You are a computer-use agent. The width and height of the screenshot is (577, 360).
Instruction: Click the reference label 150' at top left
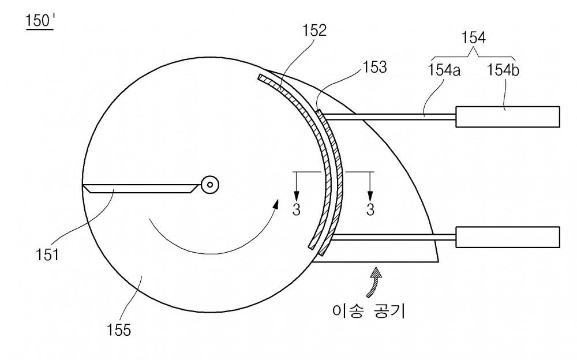[x=40, y=21]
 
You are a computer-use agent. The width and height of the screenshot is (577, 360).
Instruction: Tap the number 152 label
[x=314, y=31]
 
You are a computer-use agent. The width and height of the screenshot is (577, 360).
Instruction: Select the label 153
[x=374, y=67]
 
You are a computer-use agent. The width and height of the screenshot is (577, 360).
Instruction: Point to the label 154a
[x=444, y=70]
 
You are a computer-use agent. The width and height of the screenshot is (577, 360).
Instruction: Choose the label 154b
[x=503, y=70]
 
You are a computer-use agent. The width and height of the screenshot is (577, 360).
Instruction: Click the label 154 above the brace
[x=474, y=37]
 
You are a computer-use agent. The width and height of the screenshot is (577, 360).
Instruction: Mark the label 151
[x=47, y=255]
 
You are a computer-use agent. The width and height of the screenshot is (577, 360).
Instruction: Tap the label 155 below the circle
[x=119, y=330]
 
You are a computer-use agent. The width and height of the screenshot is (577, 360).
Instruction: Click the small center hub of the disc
[x=210, y=185]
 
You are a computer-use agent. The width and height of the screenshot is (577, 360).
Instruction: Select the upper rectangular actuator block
[x=508, y=117]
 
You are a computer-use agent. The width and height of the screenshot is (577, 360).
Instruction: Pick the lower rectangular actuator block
[x=508, y=237]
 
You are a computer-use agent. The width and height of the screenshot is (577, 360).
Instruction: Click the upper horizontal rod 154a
[x=388, y=117]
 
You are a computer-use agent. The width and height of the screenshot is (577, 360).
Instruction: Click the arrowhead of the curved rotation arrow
[x=275, y=204]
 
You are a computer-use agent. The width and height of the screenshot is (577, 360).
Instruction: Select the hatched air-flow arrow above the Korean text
[x=374, y=282]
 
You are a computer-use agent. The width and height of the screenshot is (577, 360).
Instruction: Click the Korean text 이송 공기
[x=368, y=312]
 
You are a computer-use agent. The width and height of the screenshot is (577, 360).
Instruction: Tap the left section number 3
[x=296, y=210]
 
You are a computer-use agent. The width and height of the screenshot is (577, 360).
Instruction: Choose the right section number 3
[x=370, y=210]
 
